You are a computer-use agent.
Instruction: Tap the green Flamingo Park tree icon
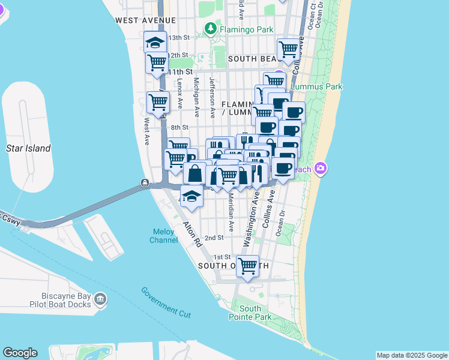(210, 28)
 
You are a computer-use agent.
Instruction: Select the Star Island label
(28, 148)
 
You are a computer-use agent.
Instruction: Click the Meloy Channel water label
(163, 236)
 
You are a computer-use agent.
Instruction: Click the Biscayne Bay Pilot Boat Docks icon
(100, 299)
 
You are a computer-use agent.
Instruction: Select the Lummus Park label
(316, 86)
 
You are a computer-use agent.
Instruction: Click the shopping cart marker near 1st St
(247, 265)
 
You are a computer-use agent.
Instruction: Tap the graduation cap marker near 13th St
(155, 43)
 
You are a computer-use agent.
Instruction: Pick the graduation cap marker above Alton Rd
(191, 196)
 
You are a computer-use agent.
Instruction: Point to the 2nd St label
(214, 238)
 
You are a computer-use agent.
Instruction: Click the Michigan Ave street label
(196, 92)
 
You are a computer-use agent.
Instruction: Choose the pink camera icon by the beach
(321, 168)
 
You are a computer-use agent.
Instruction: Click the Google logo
(20, 353)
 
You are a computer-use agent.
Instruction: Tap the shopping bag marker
(195, 173)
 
